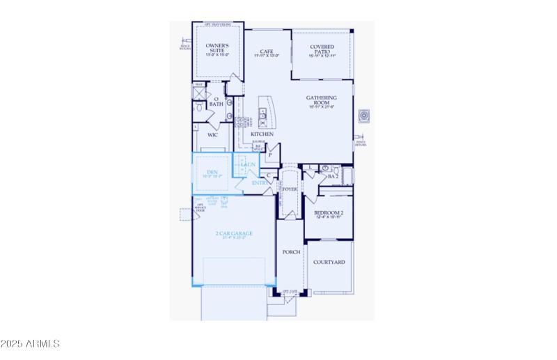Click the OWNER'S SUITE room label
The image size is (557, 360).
tap(217, 48)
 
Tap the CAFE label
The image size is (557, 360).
tap(265, 52)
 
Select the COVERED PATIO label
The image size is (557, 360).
tap(321, 48)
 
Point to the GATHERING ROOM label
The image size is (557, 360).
tap(322, 100)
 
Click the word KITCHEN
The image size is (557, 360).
tap(262, 134)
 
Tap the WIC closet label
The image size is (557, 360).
tap(212, 134)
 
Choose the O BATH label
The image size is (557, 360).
tap(217, 102)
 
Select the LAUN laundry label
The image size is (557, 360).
tap(249, 164)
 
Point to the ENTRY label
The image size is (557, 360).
tap(259, 183)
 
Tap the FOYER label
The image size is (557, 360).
tap(290, 189)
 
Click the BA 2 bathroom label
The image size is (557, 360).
tap(333, 177)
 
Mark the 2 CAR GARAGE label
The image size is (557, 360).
tap(234, 233)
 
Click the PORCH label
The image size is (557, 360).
tap(291, 252)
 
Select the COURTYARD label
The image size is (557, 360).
tap(329, 263)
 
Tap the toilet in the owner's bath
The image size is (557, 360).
tap(198, 108)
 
